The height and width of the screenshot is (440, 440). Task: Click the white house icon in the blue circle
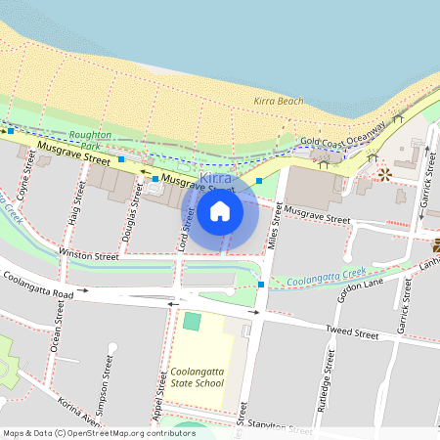(x=220, y=210)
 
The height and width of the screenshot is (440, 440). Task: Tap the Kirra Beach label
(x=278, y=101)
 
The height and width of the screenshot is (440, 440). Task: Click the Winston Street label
(x=89, y=256)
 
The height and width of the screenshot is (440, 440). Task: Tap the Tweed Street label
(x=352, y=333)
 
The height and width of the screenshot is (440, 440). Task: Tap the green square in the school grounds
(x=192, y=321)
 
